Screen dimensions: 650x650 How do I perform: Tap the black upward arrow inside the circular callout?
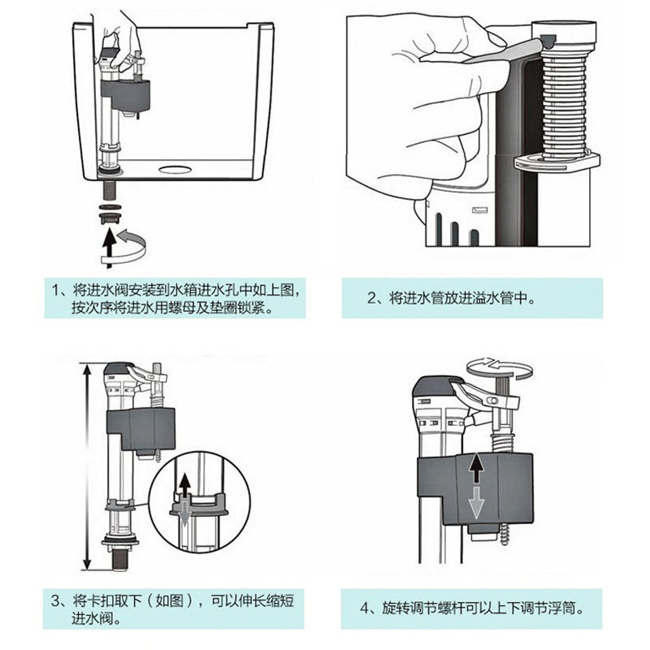tap(185, 487)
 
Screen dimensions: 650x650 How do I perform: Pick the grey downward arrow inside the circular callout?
tap(185, 513)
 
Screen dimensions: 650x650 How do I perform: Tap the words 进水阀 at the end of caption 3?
tap(91, 621)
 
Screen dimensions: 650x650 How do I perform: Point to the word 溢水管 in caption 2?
tap(489, 297)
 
